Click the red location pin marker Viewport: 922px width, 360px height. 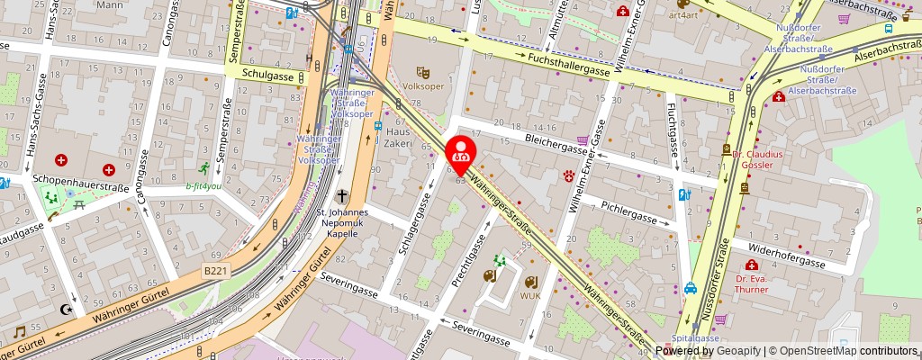click(x=461, y=154)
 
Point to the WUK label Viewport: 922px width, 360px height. click(x=529, y=294)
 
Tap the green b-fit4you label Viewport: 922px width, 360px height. click(x=203, y=186)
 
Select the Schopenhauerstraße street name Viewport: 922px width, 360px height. click(x=81, y=179)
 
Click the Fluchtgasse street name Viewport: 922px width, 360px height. click(x=671, y=135)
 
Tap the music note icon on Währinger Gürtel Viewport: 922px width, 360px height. click(x=18, y=332)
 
